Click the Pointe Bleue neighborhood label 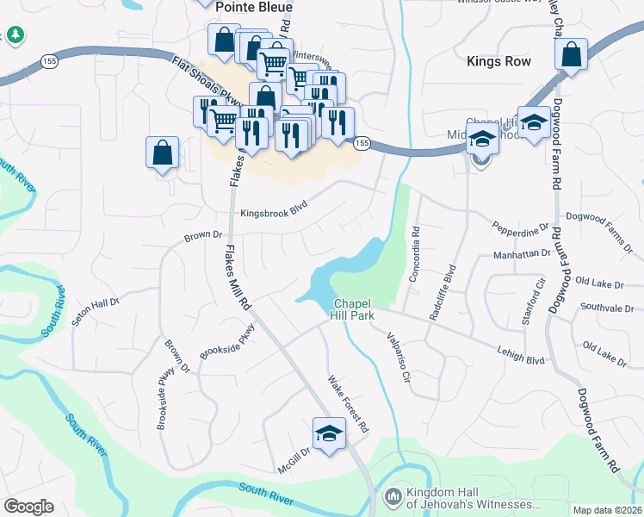coord(254,7)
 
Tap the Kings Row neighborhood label coord(498,61)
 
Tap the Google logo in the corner coord(28,507)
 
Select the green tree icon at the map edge coord(15,34)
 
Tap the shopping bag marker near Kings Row coord(571,55)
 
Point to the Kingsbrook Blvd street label coord(274,213)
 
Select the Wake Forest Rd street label coord(349,404)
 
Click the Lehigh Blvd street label coord(520,353)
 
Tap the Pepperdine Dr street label coord(520,227)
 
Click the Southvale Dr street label coord(607,307)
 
